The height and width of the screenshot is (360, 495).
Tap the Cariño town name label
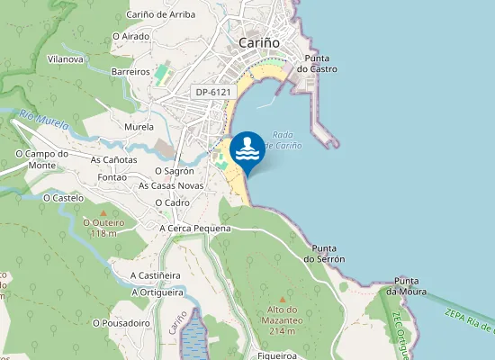[259, 42]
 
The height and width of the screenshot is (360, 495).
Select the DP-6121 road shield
[212, 92]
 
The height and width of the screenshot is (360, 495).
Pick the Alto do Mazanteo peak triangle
[282, 300]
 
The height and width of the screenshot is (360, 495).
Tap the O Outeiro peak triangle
[103, 212]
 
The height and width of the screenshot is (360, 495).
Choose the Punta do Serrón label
[323, 253]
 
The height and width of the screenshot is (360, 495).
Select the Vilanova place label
[66, 59]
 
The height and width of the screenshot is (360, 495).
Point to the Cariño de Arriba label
[160, 14]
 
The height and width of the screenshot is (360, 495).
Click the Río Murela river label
[44, 120]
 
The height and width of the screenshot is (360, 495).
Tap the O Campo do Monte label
[43, 159]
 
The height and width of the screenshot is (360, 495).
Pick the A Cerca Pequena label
[195, 229]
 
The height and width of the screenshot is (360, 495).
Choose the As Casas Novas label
[171, 185]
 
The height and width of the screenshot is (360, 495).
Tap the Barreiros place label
[130, 71]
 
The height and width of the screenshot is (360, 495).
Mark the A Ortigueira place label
[157, 292]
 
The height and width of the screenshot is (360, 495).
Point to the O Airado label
[130, 36]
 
